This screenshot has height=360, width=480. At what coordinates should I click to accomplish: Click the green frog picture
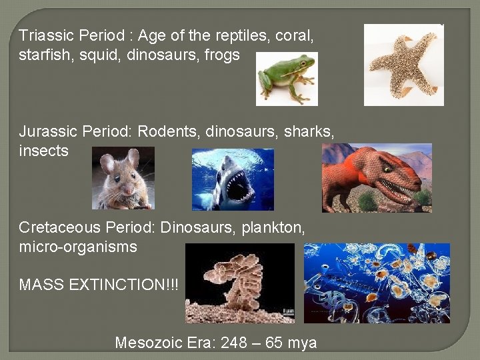[287, 79]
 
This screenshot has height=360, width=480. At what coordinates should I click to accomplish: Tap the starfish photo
[403, 65]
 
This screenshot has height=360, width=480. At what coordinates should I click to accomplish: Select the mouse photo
[123, 178]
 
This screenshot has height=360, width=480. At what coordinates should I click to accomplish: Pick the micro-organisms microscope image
[239, 283]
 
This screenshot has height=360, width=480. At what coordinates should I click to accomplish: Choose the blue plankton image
[376, 283]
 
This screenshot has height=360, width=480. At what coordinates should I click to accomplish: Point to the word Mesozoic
[148, 343]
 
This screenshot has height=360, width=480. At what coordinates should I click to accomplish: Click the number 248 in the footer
[233, 343]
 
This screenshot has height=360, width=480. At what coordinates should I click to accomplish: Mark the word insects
[44, 151]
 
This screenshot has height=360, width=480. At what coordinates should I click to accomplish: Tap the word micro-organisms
[78, 247]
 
